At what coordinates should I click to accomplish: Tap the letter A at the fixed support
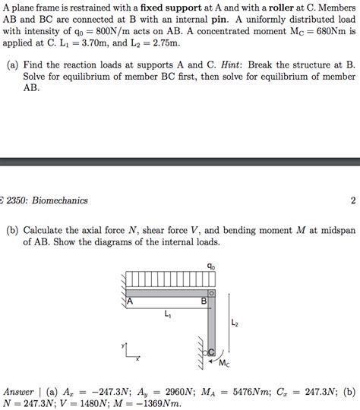point(130,301)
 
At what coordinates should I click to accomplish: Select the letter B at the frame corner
point(203,301)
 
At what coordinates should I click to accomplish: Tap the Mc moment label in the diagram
point(224,364)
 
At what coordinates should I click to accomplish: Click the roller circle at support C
point(205,352)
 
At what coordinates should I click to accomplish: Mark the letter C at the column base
point(212,351)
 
